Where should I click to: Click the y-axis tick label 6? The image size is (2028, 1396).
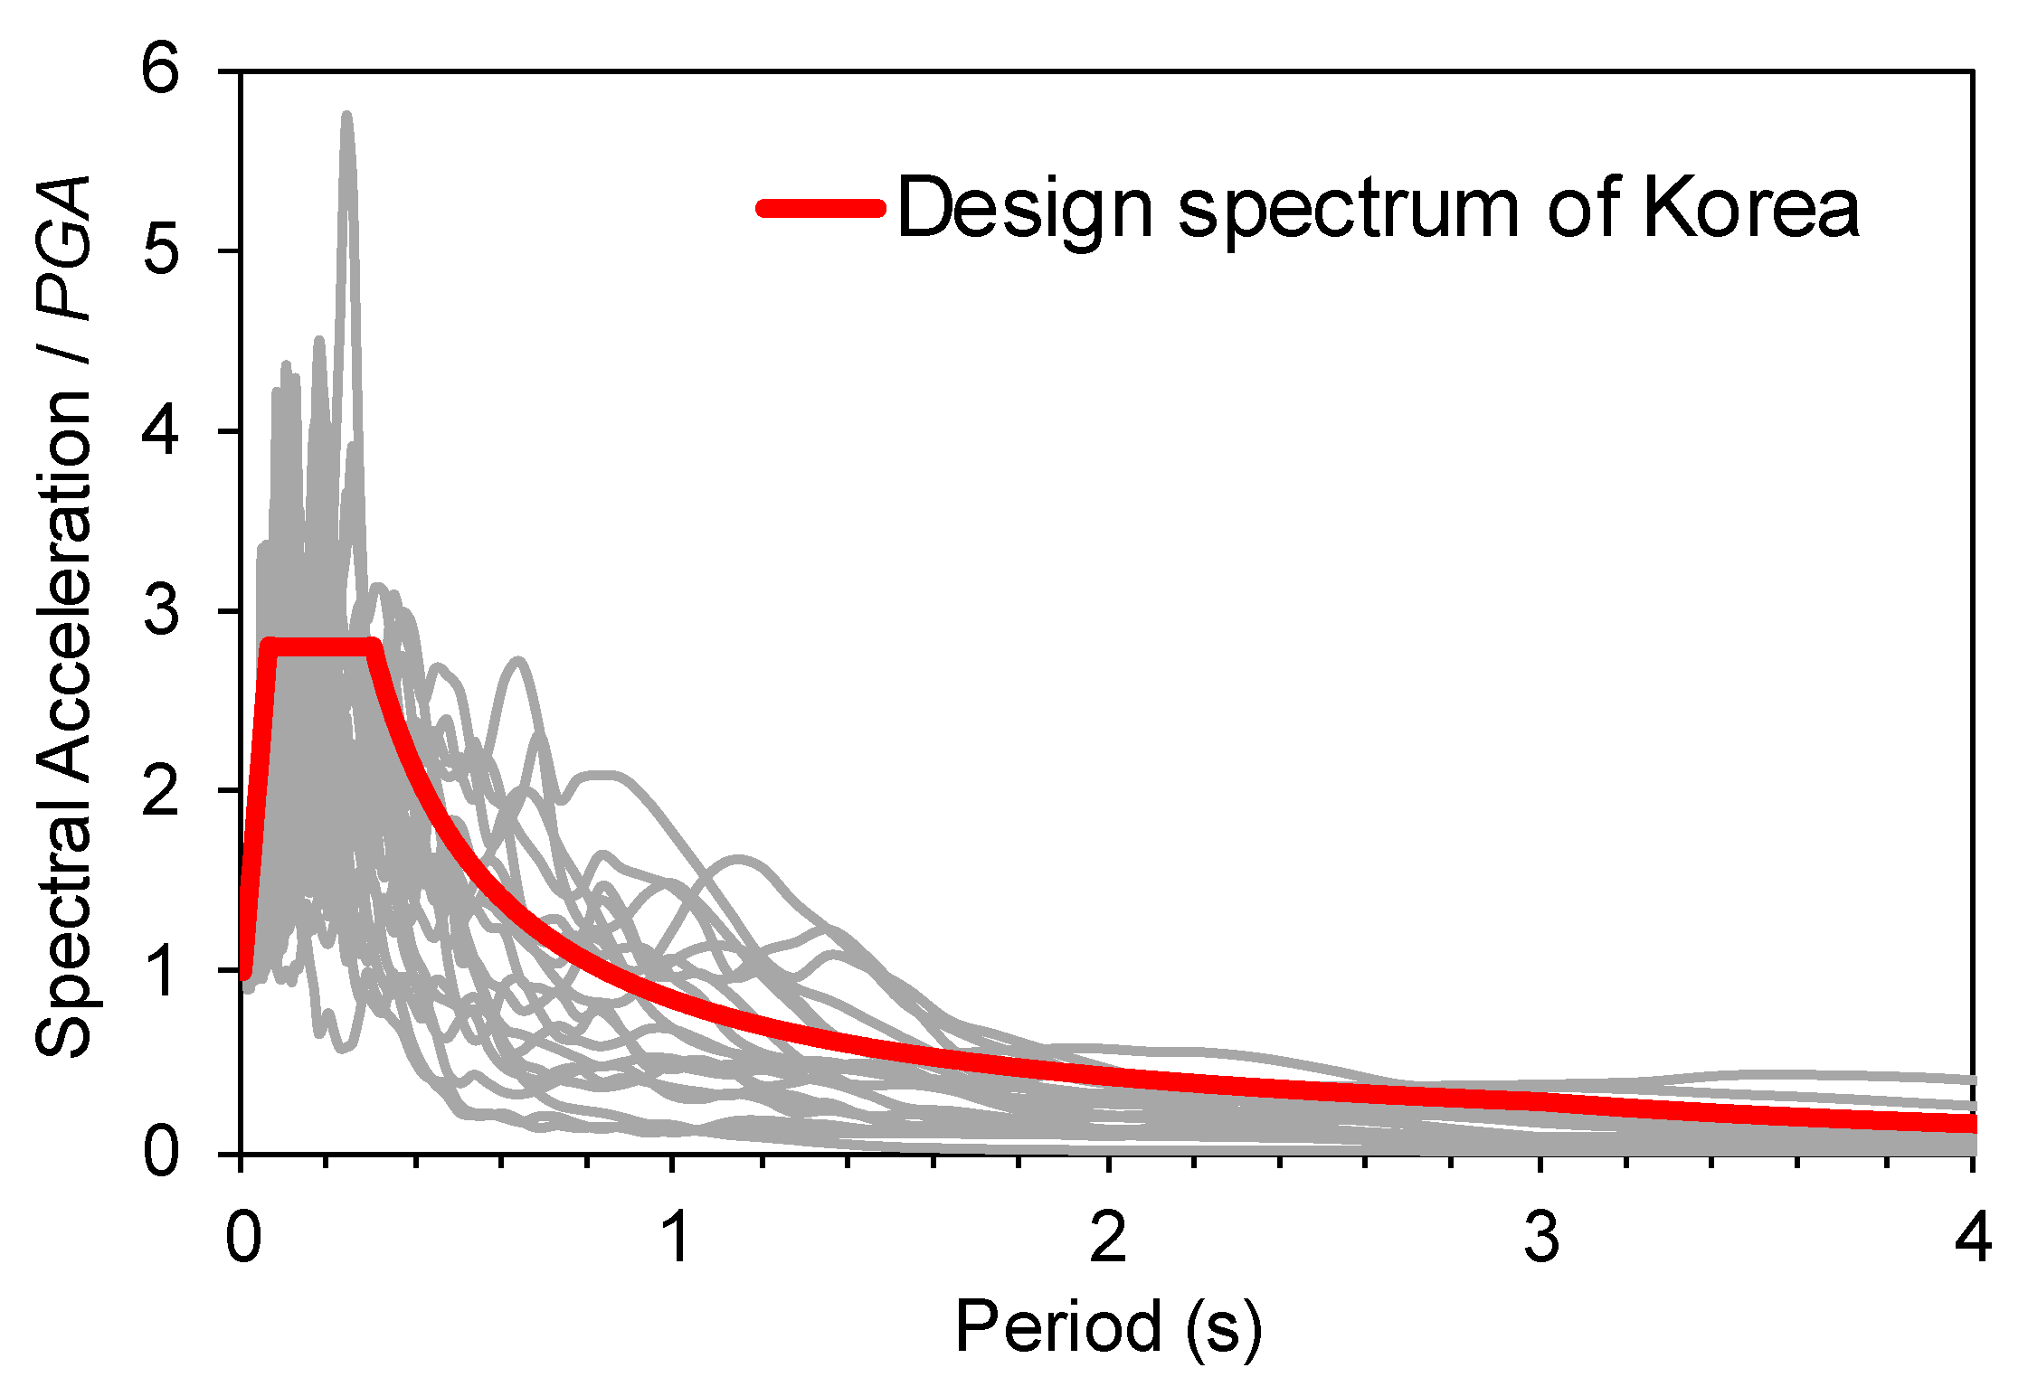[x=162, y=69]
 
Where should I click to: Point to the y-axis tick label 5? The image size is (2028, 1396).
[x=162, y=250]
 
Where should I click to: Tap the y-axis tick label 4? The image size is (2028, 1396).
[x=162, y=429]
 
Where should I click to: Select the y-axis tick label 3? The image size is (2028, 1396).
[x=162, y=610]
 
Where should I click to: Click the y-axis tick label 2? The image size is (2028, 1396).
[x=162, y=791]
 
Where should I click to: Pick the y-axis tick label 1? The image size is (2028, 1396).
[x=164, y=972]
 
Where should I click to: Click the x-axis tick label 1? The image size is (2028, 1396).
[x=675, y=1236]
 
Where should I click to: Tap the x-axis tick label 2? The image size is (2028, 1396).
[x=1108, y=1236]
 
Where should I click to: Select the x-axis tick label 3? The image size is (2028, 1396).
[x=1541, y=1236]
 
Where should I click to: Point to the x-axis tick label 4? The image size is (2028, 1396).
[x=1973, y=1236]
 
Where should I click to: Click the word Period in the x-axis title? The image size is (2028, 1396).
[x=1057, y=1326]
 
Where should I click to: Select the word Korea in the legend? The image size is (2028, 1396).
[x=1750, y=208]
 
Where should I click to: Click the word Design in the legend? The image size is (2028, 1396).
[x=1025, y=208]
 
